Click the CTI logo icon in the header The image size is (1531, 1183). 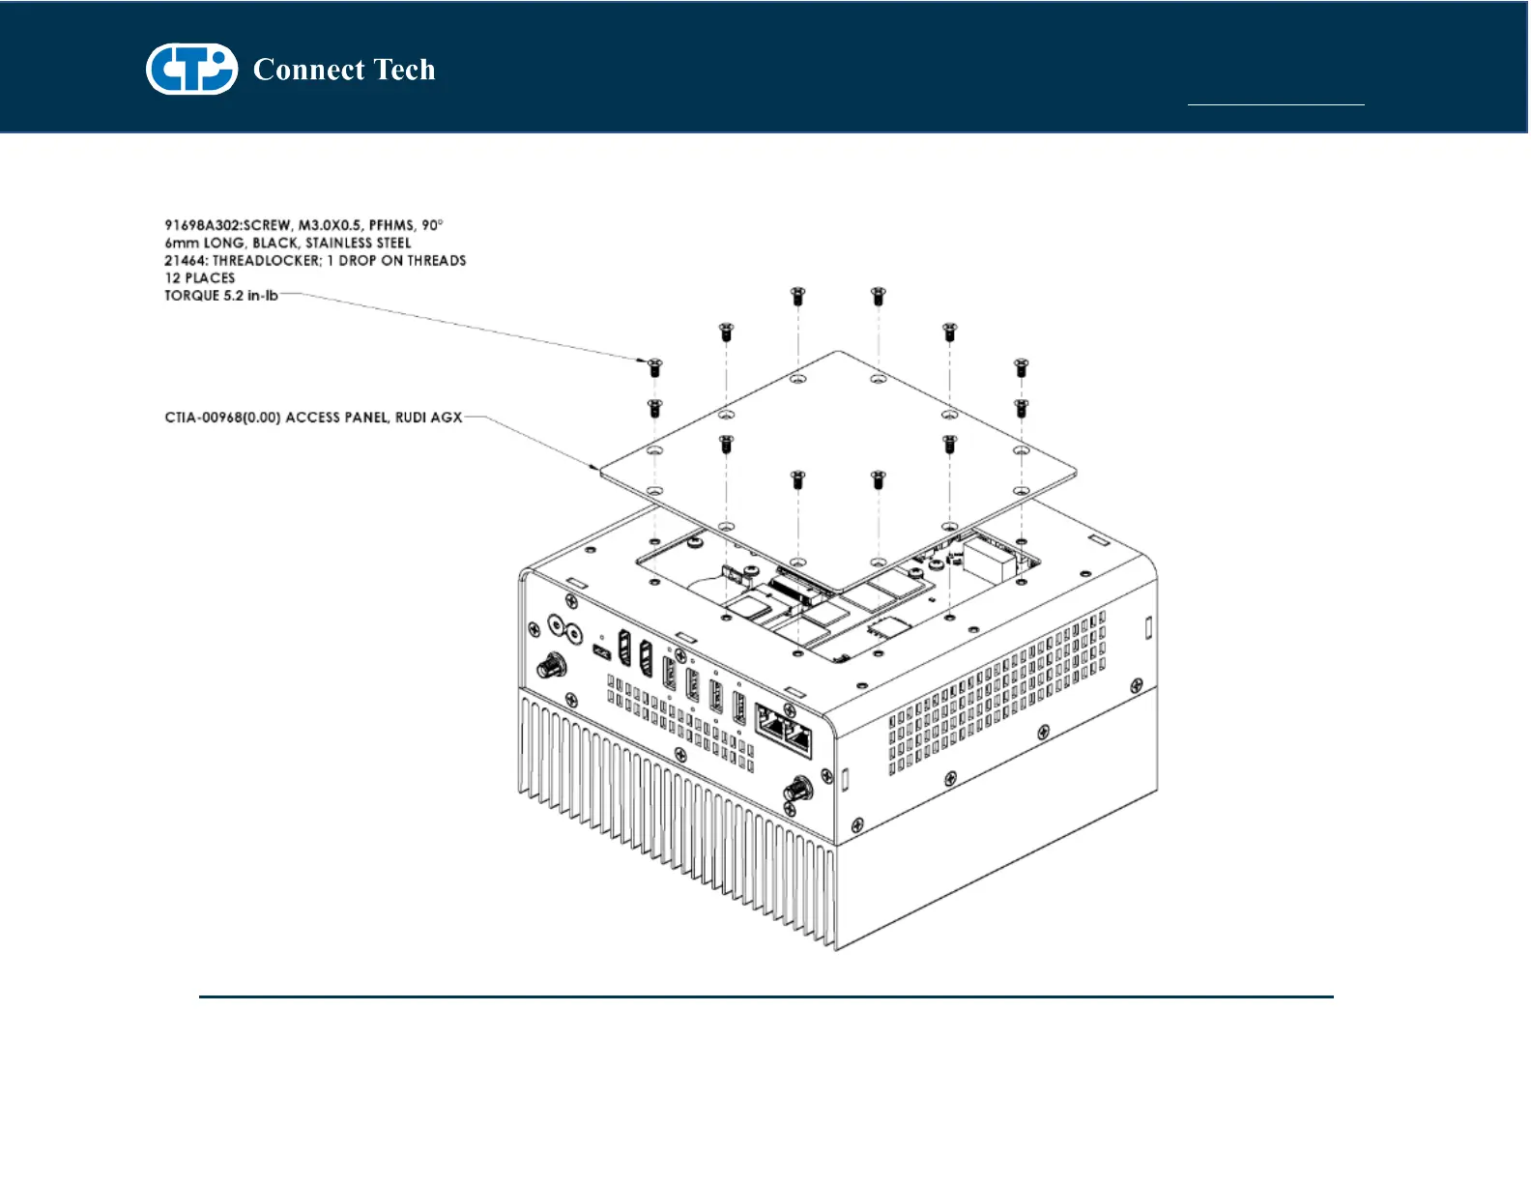click(191, 69)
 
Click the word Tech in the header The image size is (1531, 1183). click(404, 70)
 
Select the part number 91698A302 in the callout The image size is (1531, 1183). click(202, 225)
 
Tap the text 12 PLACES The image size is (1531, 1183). click(199, 277)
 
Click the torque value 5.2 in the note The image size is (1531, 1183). click(233, 296)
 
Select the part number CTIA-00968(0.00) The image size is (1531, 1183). click(223, 418)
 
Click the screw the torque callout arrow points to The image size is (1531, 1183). click(654, 367)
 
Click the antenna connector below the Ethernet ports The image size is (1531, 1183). click(797, 791)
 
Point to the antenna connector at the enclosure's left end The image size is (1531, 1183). click(552, 666)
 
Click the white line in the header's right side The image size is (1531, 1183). click(1275, 103)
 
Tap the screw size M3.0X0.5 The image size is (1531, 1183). click(330, 225)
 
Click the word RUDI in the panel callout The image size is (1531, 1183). click(414, 418)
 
